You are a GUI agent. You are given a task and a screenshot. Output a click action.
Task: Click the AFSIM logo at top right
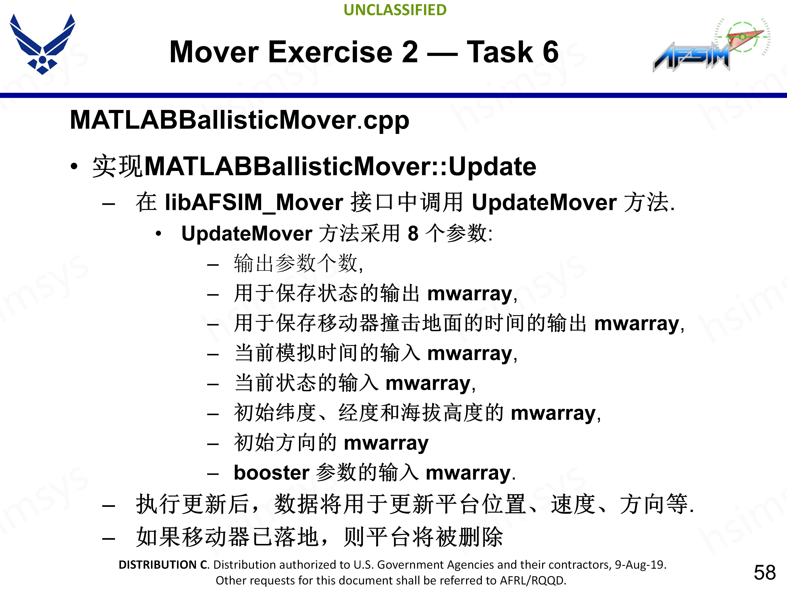click(x=710, y=46)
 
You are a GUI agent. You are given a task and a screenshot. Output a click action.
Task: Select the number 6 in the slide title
click(x=550, y=52)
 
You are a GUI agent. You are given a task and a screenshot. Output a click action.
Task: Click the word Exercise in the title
click(x=330, y=52)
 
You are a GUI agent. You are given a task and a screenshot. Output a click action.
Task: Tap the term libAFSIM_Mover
click(x=254, y=202)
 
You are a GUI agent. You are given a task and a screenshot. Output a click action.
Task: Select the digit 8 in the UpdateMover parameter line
click(x=413, y=234)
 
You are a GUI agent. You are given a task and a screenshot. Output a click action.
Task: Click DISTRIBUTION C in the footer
click(x=163, y=565)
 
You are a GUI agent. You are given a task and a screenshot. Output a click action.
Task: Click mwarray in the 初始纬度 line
click(x=553, y=413)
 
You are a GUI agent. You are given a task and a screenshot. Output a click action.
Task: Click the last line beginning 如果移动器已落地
click(x=319, y=537)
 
